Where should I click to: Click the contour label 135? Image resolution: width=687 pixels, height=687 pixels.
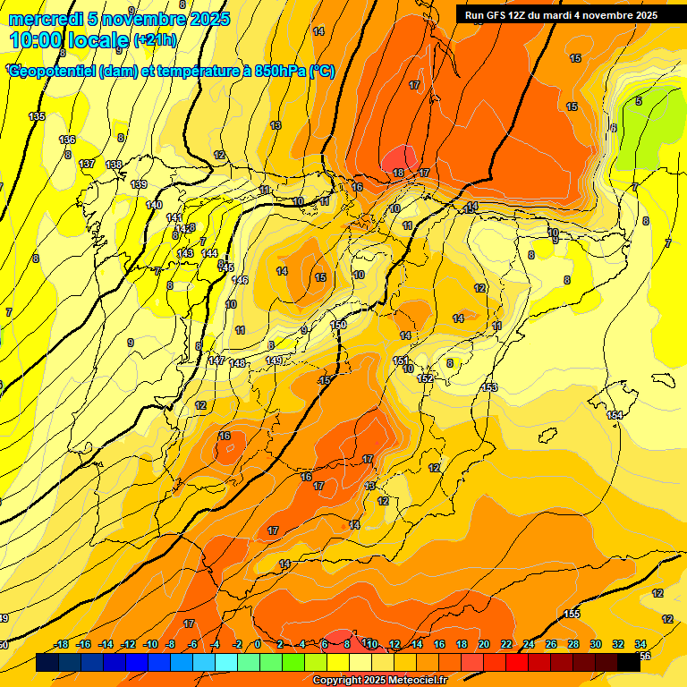(x=37, y=117)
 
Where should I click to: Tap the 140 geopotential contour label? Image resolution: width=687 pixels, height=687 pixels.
(x=154, y=206)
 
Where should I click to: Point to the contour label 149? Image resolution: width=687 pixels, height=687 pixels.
(x=275, y=360)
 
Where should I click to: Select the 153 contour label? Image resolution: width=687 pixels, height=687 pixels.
(x=489, y=387)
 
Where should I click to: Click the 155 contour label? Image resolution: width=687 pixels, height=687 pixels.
(x=572, y=614)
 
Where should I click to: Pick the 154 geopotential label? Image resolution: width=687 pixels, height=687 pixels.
(x=615, y=416)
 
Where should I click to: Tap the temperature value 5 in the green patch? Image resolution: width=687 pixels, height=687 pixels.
(x=638, y=101)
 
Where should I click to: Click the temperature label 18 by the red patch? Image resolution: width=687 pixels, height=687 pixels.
(x=398, y=173)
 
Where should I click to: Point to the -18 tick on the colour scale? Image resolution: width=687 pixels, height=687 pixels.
(x=61, y=644)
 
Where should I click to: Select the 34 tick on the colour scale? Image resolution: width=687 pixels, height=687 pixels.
(x=640, y=644)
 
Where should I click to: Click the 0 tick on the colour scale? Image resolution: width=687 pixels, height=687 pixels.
(x=258, y=644)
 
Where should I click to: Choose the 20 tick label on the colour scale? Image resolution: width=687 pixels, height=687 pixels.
(x=484, y=644)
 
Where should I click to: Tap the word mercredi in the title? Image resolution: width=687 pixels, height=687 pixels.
(x=45, y=19)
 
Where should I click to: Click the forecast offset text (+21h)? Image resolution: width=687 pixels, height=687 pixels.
(x=154, y=40)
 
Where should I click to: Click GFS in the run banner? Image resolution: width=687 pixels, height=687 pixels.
(x=501, y=15)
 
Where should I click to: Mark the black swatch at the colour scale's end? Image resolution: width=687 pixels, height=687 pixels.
(x=629, y=662)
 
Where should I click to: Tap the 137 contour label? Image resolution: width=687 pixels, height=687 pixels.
(x=87, y=164)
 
